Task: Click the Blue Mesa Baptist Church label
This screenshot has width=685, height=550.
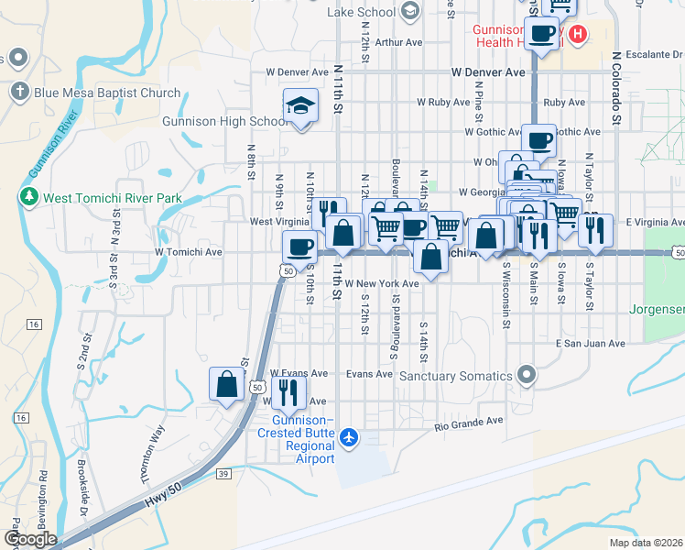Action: pyautogui.click(x=107, y=93)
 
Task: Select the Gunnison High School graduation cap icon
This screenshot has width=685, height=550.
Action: pyautogui.click(x=299, y=105)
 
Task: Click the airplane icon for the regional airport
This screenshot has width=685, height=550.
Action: pyautogui.click(x=348, y=438)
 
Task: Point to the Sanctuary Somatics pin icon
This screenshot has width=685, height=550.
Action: pyautogui.click(x=526, y=374)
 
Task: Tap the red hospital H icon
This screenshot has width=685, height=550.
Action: pyautogui.click(x=577, y=35)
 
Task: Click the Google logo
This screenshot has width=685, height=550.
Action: pyautogui.click(x=29, y=539)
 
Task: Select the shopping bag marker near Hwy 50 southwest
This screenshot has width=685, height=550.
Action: pyautogui.click(x=227, y=384)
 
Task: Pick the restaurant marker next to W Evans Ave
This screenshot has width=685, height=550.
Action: pyautogui.click(x=288, y=392)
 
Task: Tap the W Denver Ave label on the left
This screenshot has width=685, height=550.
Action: pyautogui.click(x=297, y=71)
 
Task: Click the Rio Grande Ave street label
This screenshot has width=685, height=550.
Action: pyautogui.click(x=469, y=423)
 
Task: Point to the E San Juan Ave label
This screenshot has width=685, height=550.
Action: pyautogui.click(x=590, y=344)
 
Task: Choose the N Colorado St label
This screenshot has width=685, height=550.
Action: pyautogui.click(x=617, y=88)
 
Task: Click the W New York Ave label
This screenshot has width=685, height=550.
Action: pyautogui.click(x=382, y=284)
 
